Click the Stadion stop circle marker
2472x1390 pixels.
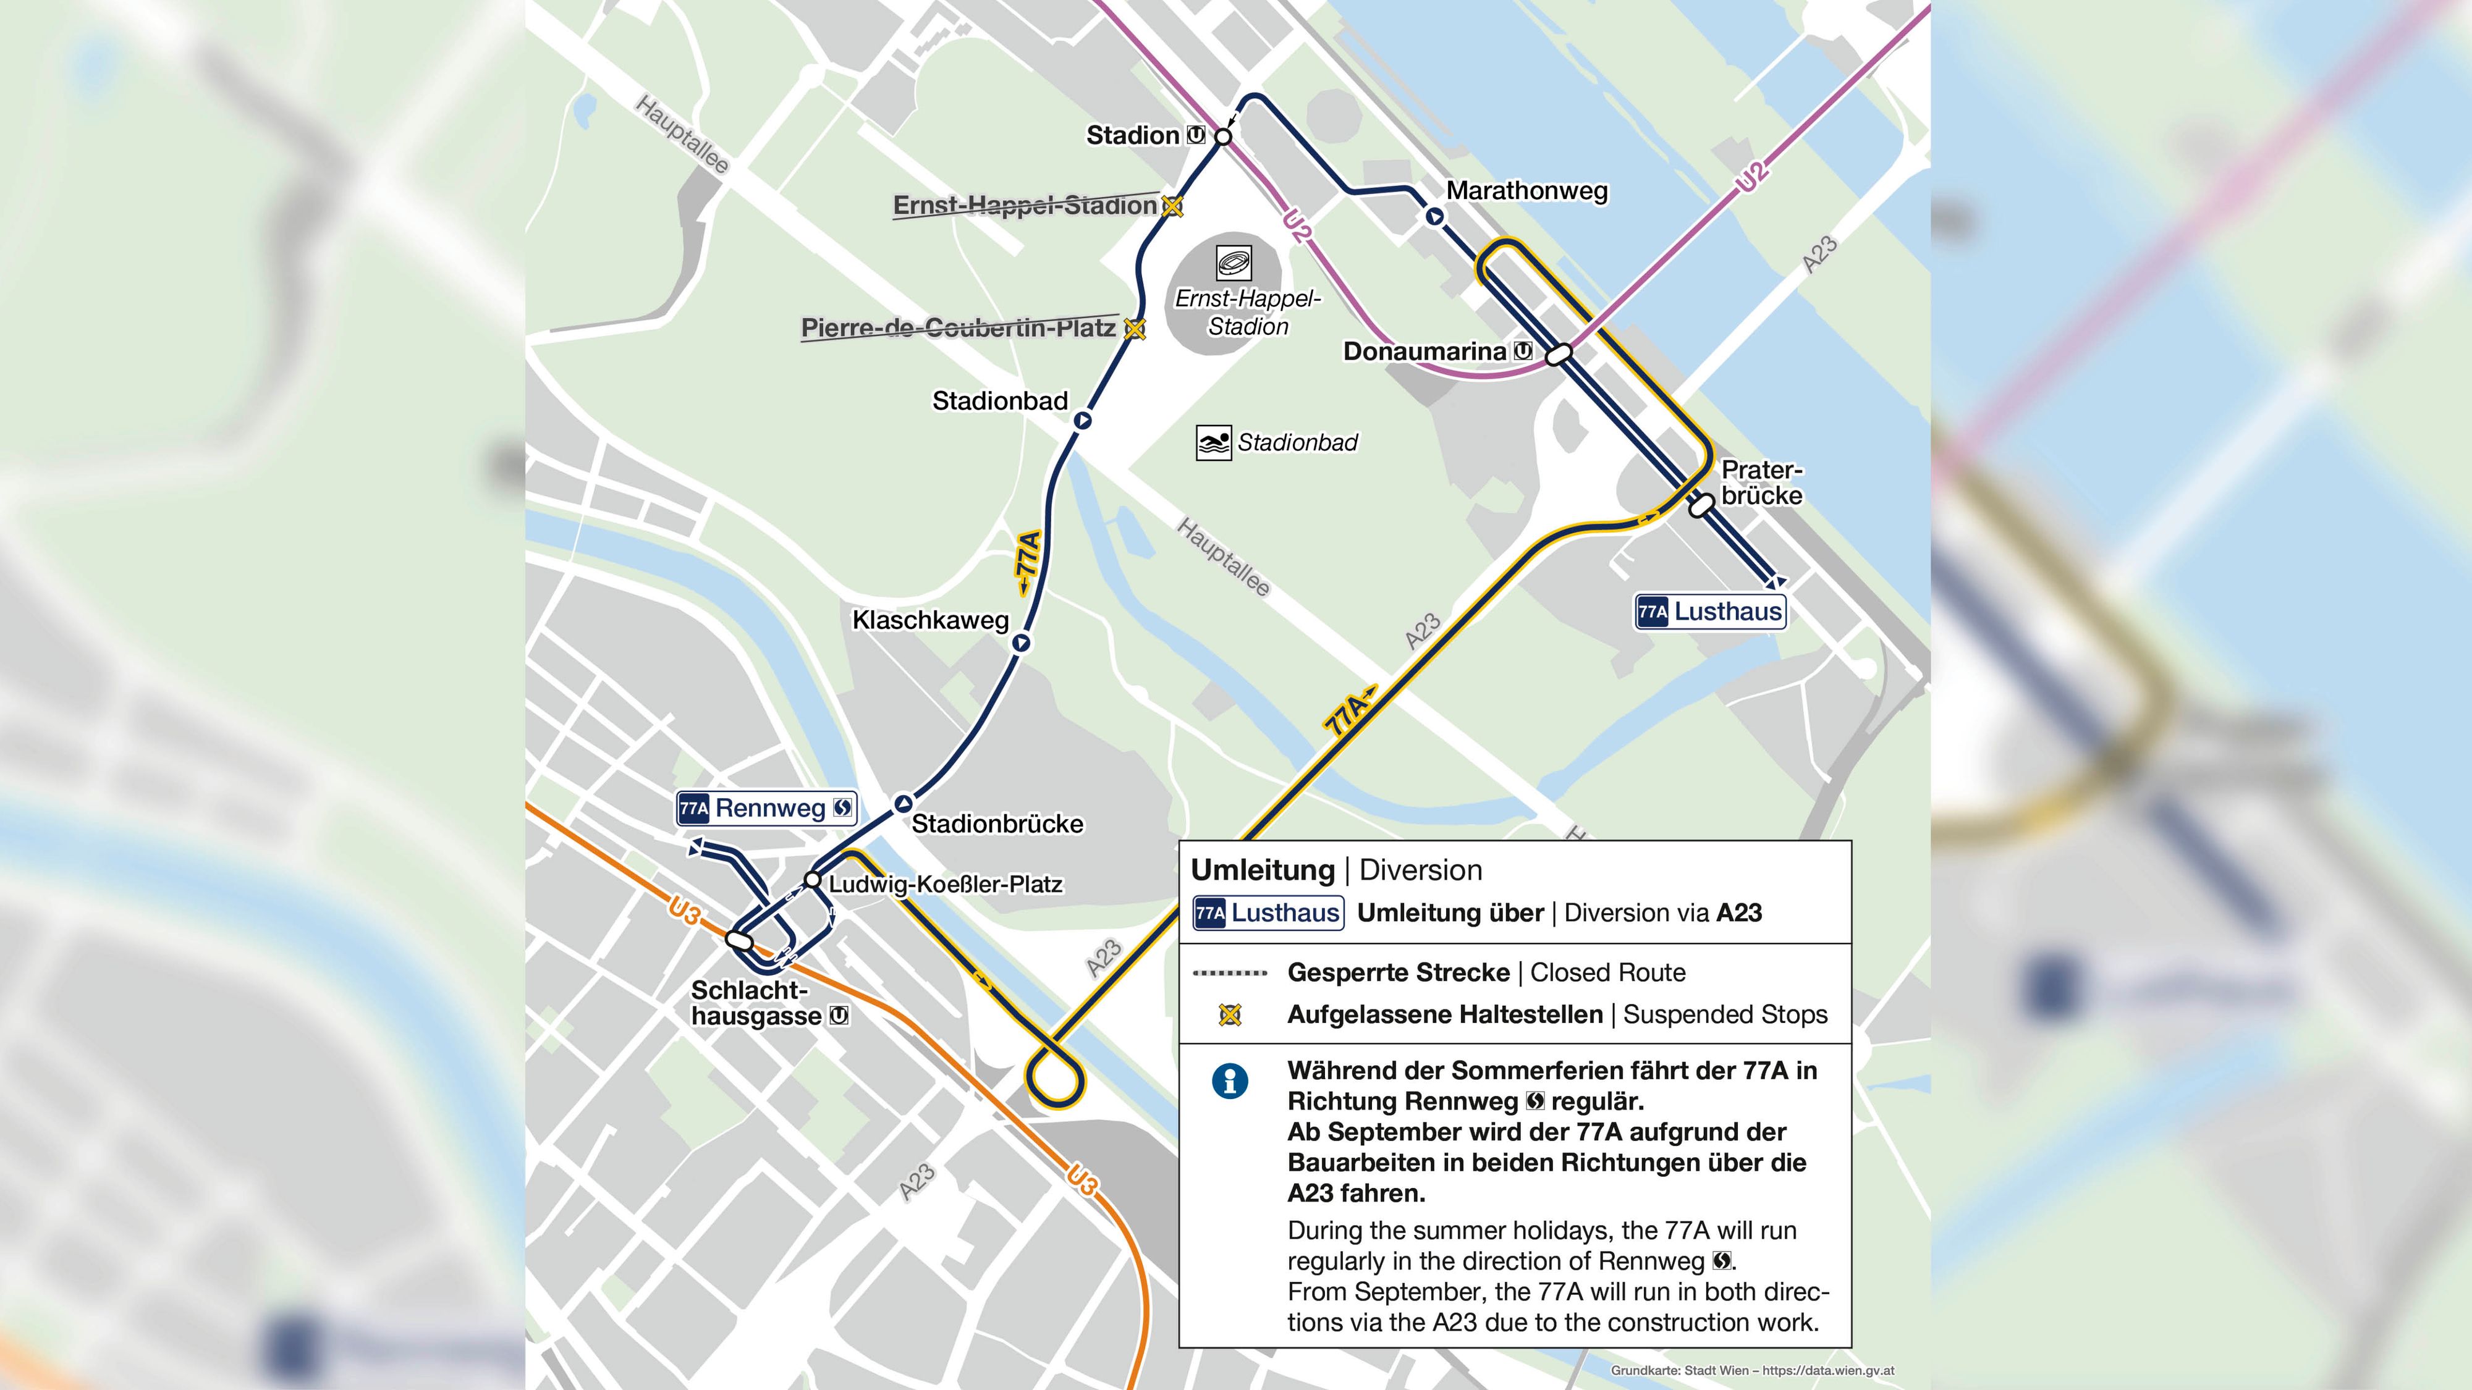click(1222, 137)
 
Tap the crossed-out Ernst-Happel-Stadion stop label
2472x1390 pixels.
click(1024, 205)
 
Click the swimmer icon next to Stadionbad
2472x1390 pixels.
click(1213, 443)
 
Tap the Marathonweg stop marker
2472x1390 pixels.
click(1434, 217)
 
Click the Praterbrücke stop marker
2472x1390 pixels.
click(1701, 505)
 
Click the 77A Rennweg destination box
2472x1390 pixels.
click(766, 809)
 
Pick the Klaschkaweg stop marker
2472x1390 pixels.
click(1021, 642)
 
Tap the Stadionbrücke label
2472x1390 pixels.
click(996, 824)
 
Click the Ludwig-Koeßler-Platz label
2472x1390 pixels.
click(946, 885)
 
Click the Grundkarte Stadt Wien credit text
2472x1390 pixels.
click(1751, 1371)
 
